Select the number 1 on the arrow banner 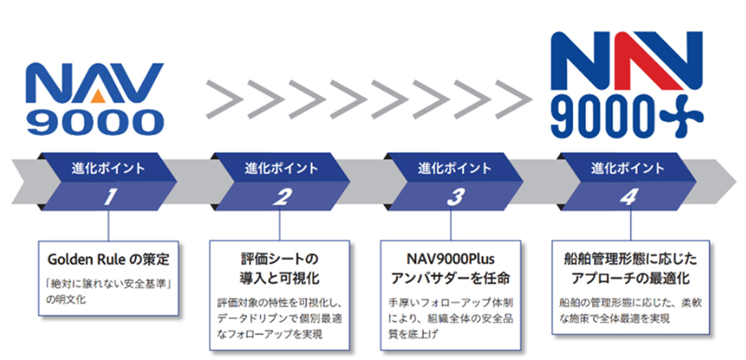coord(109,197)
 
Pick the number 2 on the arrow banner coord(282,197)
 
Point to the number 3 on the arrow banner coord(455,197)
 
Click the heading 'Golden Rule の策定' coord(108,258)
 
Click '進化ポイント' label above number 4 coord(627,168)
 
